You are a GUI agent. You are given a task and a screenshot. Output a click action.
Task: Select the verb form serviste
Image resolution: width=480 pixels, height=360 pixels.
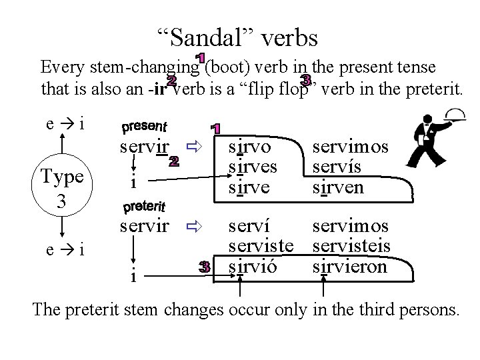coord(261,247)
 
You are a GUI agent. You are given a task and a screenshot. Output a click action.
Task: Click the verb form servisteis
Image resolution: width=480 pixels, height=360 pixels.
coord(351,247)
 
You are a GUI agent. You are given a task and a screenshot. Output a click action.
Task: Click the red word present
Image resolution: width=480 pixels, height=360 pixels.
coord(145,126)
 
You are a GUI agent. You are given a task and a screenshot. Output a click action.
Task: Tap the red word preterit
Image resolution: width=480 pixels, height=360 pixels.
coord(145,206)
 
